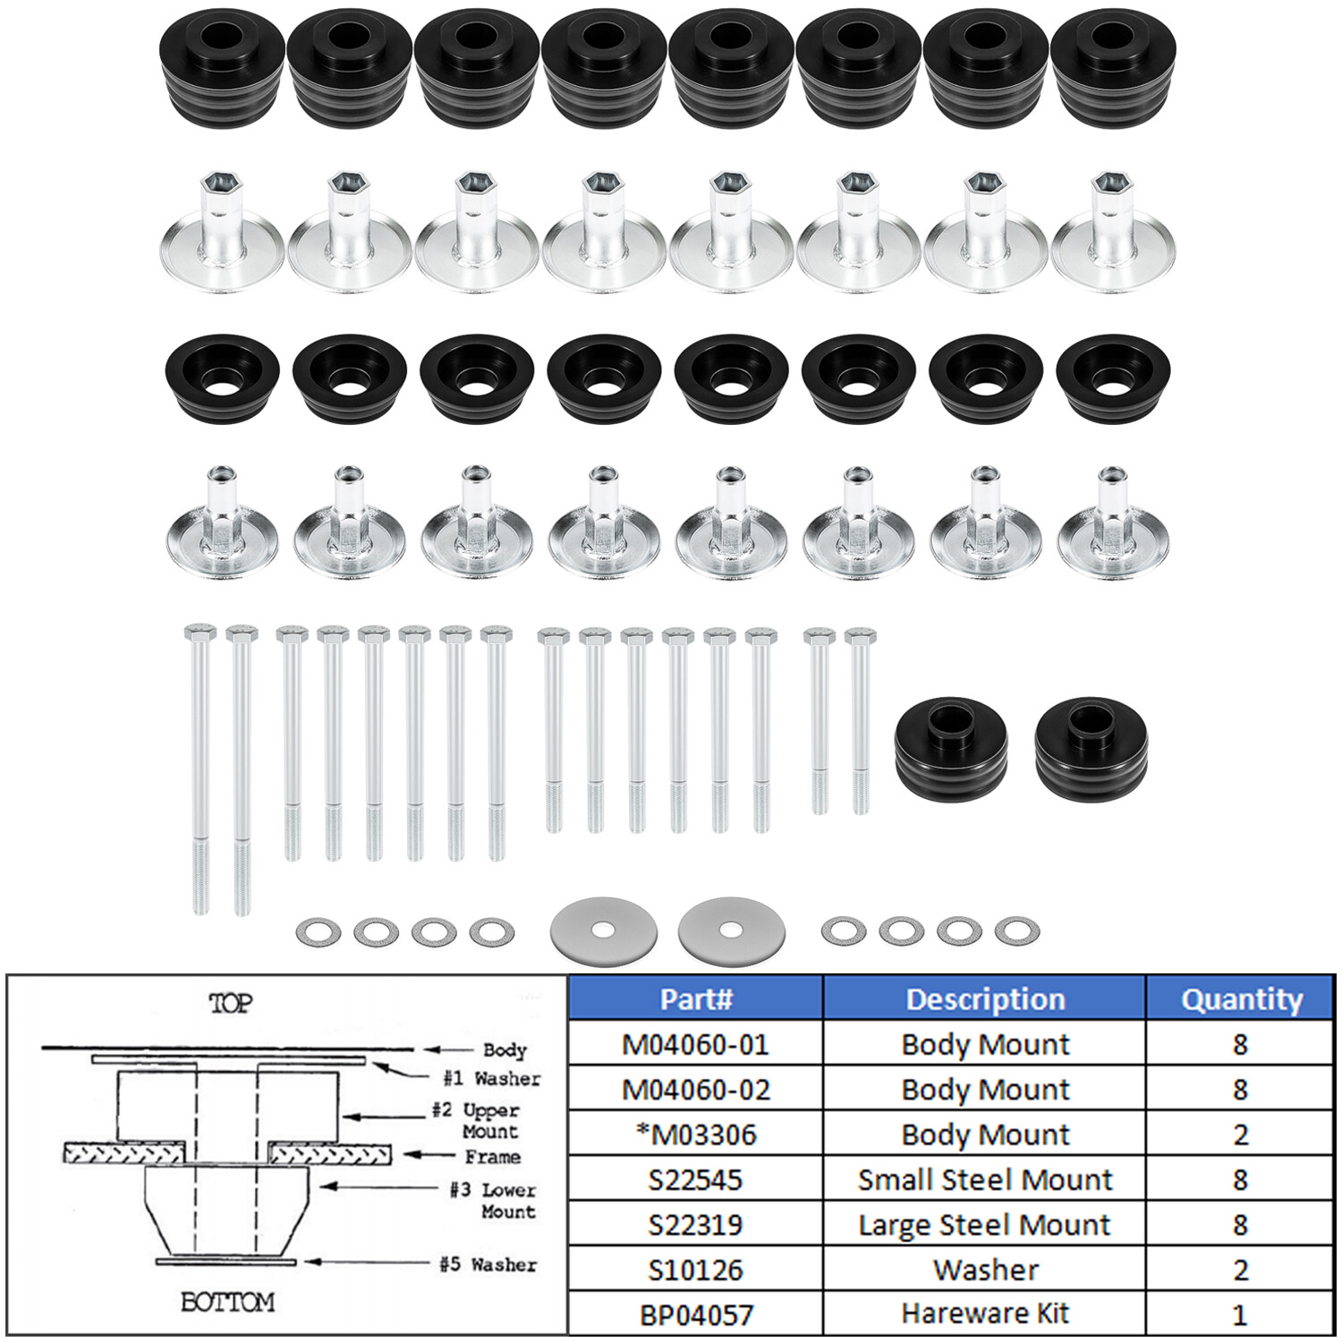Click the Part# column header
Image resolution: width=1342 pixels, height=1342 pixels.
(695, 998)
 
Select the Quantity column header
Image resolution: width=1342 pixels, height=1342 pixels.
(1240, 998)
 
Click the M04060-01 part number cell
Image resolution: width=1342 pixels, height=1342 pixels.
(695, 1044)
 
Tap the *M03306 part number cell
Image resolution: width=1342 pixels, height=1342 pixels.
(695, 1134)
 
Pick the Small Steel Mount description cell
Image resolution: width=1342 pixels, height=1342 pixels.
(984, 1179)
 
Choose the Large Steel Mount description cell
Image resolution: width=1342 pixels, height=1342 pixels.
(984, 1225)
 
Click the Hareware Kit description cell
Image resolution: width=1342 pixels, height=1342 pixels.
(984, 1313)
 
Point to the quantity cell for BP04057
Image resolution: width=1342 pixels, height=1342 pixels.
(1240, 1314)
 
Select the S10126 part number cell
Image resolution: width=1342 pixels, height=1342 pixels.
(695, 1270)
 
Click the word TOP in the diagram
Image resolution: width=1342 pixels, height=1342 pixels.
(230, 1004)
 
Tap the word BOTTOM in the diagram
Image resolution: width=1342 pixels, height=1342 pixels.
(227, 1302)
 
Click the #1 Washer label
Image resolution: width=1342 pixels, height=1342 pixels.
(492, 1078)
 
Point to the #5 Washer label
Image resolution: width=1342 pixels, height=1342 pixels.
(488, 1264)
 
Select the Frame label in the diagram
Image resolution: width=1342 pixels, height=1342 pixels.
(492, 1157)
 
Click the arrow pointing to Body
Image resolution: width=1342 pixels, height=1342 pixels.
(447, 1049)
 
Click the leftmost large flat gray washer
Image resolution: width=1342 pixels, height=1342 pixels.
(604, 930)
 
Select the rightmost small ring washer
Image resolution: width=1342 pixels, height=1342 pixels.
(1017, 930)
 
